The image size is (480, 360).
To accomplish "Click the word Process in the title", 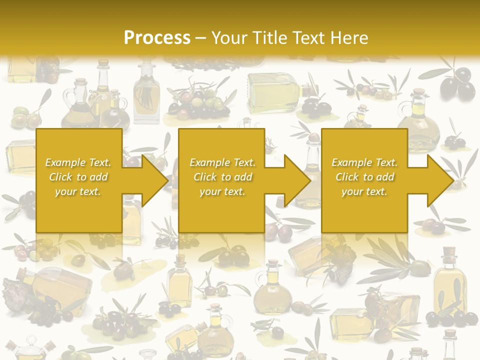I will [x=157, y=38].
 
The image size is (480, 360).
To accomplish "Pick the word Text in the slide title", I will [x=308, y=38].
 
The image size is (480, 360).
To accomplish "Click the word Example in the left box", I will [x=65, y=162].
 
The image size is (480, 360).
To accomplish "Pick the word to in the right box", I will [x=367, y=177].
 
